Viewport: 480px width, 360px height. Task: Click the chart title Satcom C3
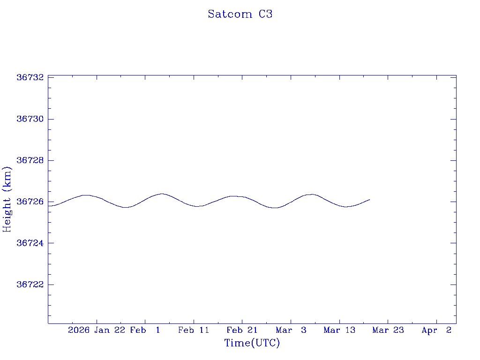click(x=240, y=14)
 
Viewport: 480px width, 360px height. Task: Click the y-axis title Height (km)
click(x=7, y=199)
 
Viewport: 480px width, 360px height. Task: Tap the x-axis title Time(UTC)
click(x=252, y=343)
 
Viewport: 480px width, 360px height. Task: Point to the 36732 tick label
click(x=30, y=77)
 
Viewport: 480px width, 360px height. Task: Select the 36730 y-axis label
click(x=30, y=119)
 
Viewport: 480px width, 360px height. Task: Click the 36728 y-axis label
click(x=30, y=160)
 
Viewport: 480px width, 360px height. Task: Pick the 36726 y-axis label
click(x=30, y=202)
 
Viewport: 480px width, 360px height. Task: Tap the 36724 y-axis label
click(x=30, y=243)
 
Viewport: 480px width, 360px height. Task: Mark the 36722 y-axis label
click(x=30, y=285)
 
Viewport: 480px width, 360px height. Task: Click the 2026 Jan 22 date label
click(x=96, y=330)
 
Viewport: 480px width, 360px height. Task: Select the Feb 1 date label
click(x=145, y=330)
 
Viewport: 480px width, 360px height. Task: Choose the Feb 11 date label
click(x=194, y=330)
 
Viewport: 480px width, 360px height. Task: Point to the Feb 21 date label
click(x=242, y=330)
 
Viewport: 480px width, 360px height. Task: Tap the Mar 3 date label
click(x=291, y=330)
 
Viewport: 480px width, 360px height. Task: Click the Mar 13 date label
click(x=339, y=330)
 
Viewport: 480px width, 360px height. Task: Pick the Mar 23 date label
click(x=388, y=330)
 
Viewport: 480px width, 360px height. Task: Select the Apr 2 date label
click(x=436, y=330)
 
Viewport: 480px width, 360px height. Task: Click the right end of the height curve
click(x=370, y=200)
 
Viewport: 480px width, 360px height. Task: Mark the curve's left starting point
click(x=48, y=206)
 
